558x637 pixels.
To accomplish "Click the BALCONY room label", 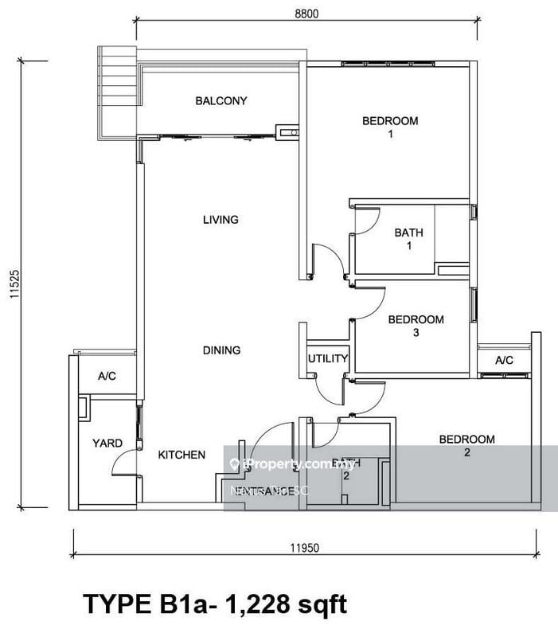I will pyautogui.click(x=221, y=101).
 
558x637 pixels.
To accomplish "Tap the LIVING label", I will pyautogui.click(x=220, y=220).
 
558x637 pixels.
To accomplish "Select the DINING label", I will pyautogui.click(x=221, y=350).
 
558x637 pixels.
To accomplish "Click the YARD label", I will pyautogui.click(x=107, y=444).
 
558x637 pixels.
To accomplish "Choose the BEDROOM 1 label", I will pyautogui.click(x=390, y=127).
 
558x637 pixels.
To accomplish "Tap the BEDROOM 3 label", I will pyautogui.click(x=416, y=326).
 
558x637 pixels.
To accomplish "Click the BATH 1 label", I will pyautogui.click(x=408, y=240).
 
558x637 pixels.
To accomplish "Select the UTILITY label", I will pyautogui.click(x=328, y=359).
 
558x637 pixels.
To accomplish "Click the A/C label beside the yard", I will pyautogui.click(x=107, y=376).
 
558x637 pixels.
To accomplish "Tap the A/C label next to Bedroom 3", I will pyautogui.click(x=504, y=360).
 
